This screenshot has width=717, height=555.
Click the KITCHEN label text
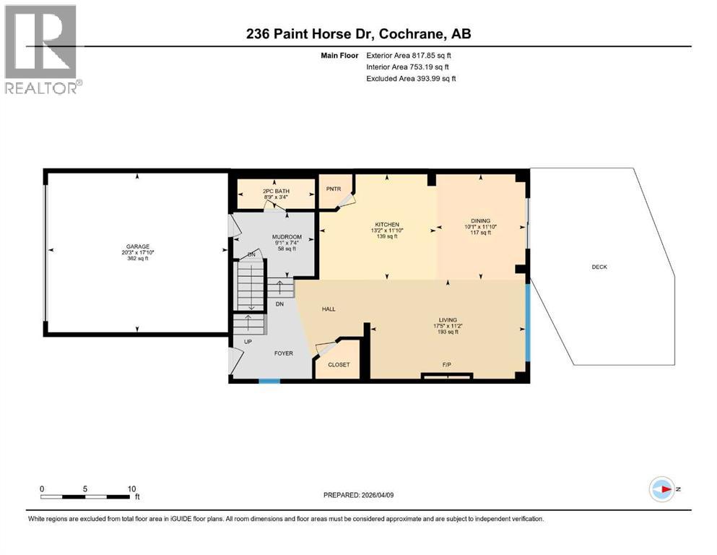coord(387,224)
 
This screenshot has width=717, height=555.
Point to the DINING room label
coord(481,221)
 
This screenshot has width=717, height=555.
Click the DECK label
coord(599,267)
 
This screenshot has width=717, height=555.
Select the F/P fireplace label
coord(447,364)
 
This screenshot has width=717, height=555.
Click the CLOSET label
coord(339,364)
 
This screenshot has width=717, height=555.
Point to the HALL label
coord(329,309)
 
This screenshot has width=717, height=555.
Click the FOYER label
coord(283,354)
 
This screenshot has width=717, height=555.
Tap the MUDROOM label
coord(287,237)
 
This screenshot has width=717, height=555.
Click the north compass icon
coord(661,489)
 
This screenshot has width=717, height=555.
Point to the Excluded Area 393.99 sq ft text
coord(411,78)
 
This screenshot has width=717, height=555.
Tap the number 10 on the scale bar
coord(131,489)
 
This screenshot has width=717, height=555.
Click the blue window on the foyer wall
coord(269,379)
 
